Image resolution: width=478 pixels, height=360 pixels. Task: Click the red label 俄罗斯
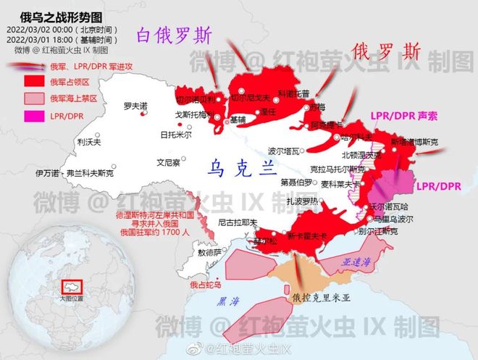click(387, 51)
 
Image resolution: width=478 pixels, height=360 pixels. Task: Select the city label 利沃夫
click(87, 143)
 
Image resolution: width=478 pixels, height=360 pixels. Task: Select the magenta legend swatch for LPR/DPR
click(30, 115)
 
